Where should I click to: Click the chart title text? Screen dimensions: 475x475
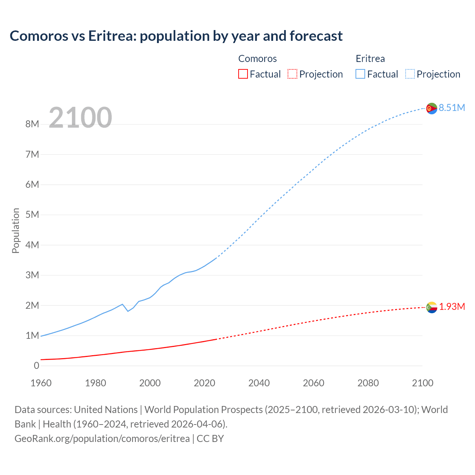(x=176, y=36)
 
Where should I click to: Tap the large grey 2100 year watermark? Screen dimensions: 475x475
(x=80, y=118)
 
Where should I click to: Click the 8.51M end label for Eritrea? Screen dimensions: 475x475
(x=452, y=108)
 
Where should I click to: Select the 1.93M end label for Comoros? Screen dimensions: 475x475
(x=452, y=307)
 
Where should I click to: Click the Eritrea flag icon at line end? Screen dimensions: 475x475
(x=432, y=108)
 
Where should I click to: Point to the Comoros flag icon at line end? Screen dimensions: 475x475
(x=432, y=307)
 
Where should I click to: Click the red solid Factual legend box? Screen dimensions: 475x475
(x=243, y=74)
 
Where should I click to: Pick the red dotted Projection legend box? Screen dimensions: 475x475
(x=292, y=74)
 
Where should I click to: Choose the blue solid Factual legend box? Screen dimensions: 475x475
(x=360, y=74)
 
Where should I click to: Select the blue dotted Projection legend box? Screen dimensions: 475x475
(x=410, y=74)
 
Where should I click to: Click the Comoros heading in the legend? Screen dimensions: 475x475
(x=257, y=59)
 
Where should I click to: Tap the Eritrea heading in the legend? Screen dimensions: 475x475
(x=370, y=59)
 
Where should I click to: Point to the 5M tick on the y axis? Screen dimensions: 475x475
(x=32, y=214)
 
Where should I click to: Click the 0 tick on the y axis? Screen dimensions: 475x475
(x=36, y=366)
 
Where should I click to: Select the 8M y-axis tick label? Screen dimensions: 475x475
(x=32, y=124)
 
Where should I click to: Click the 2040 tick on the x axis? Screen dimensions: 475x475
(x=259, y=383)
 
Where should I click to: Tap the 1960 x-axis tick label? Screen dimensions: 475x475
(x=41, y=383)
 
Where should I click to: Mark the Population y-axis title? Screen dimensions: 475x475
(x=16, y=230)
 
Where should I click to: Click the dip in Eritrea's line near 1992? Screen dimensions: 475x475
(x=128, y=311)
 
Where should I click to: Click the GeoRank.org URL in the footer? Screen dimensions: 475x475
(x=102, y=438)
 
